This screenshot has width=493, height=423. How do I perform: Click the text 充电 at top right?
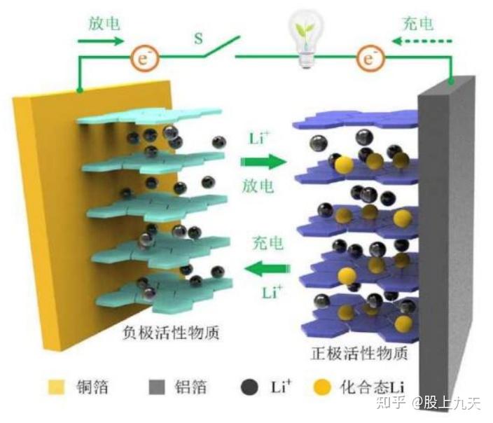click(x=419, y=24)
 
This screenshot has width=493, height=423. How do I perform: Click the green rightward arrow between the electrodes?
click(x=264, y=162)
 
